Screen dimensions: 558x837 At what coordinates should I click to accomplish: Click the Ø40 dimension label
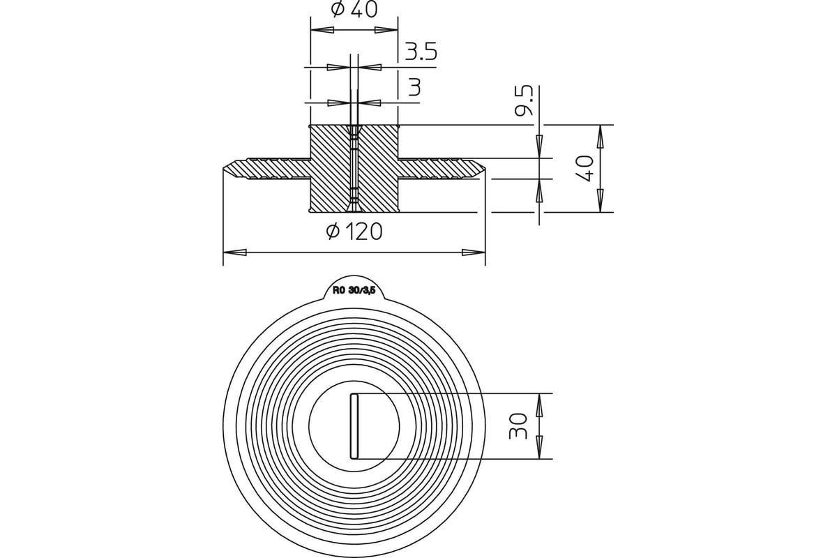[x=354, y=10]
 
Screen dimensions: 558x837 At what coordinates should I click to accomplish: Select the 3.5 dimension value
[x=421, y=51]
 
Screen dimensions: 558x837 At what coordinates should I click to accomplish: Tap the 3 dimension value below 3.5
[x=414, y=87]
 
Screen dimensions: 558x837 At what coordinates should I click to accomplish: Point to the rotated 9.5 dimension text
[x=527, y=101]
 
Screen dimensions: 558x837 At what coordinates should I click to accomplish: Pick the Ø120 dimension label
[x=354, y=231]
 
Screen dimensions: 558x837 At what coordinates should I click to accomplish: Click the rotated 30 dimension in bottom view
[x=518, y=426]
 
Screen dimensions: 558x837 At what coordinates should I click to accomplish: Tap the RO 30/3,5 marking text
[x=354, y=292]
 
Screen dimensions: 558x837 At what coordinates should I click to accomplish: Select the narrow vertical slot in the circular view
[x=354, y=426]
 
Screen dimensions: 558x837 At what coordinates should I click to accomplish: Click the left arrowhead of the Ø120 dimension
[x=234, y=252]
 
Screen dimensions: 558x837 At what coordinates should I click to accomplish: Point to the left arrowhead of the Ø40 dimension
[x=321, y=30]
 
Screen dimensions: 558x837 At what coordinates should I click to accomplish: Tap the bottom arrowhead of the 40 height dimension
[x=600, y=199]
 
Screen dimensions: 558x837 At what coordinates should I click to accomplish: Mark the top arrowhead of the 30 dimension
[x=539, y=405]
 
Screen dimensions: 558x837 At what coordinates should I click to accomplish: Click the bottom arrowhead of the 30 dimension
[x=539, y=446]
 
